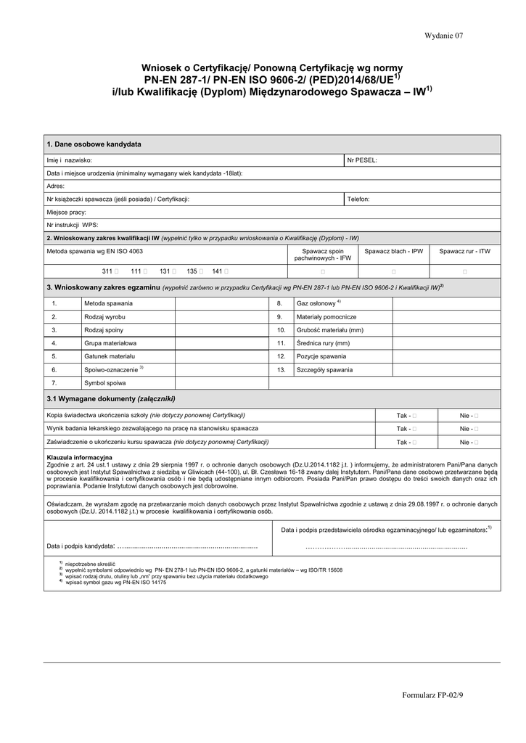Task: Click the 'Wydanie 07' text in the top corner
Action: pyautogui.click(x=444, y=36)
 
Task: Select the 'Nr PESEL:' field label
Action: pyautogui.click(x=362, y=160)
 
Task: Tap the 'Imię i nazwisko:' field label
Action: pyautogui.click(x=69, y=160)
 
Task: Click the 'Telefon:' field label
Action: pyautogui.click(x=358, y=199)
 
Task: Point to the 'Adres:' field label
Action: pyautogui.click(x=55, y=186)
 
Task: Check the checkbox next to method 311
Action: pyautogui.click(x=117, y=271)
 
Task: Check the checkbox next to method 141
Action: pyautogui.click(x=227, y=271)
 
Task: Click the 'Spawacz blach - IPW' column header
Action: pyautogui.click(x=393, y=251)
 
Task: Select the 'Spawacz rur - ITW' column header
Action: pyautogui.click(x=464, y=251)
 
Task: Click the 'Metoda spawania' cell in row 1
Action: pyautogui.click(x=108, y=303)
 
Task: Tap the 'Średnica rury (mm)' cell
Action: pyautogui.click(x=323, y=343)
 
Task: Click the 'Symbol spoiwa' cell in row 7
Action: pyautogui.click(x=105, y=382)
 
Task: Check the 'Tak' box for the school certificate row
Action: pyautogui.click(x=415, y=416)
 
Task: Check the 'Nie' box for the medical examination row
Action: pyautogui.click(x=477, y=429)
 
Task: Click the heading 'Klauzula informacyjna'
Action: pyautogui.click(x=79, y=458)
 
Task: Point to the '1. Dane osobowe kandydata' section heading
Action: pyautogui.click(x=94, y=144)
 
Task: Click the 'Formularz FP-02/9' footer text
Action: pyautogui.click(x=432, y=696)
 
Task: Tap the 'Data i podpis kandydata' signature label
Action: pyautogui.click(x=81, y=546)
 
